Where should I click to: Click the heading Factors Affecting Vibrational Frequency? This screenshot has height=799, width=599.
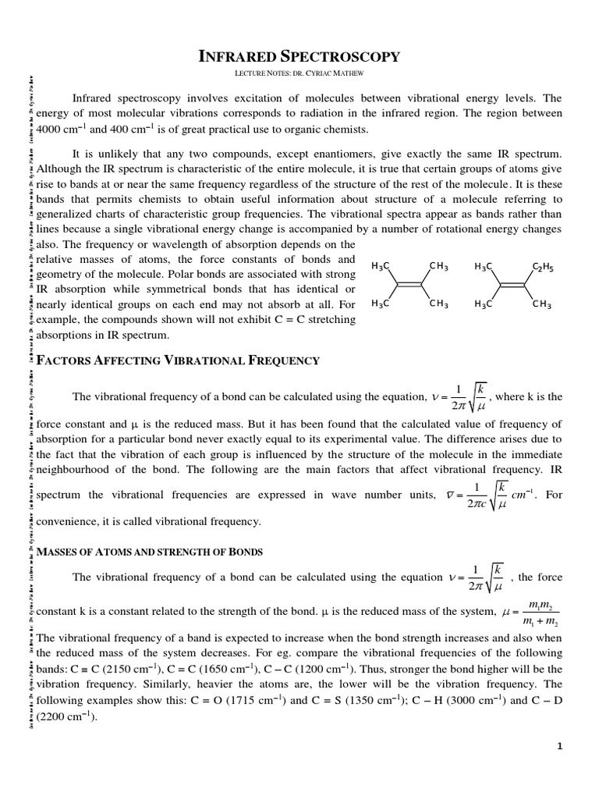[178, 360]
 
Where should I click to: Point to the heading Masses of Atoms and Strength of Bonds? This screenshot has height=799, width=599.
[150, 552]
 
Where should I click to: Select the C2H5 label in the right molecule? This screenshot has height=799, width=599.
[542, 268]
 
